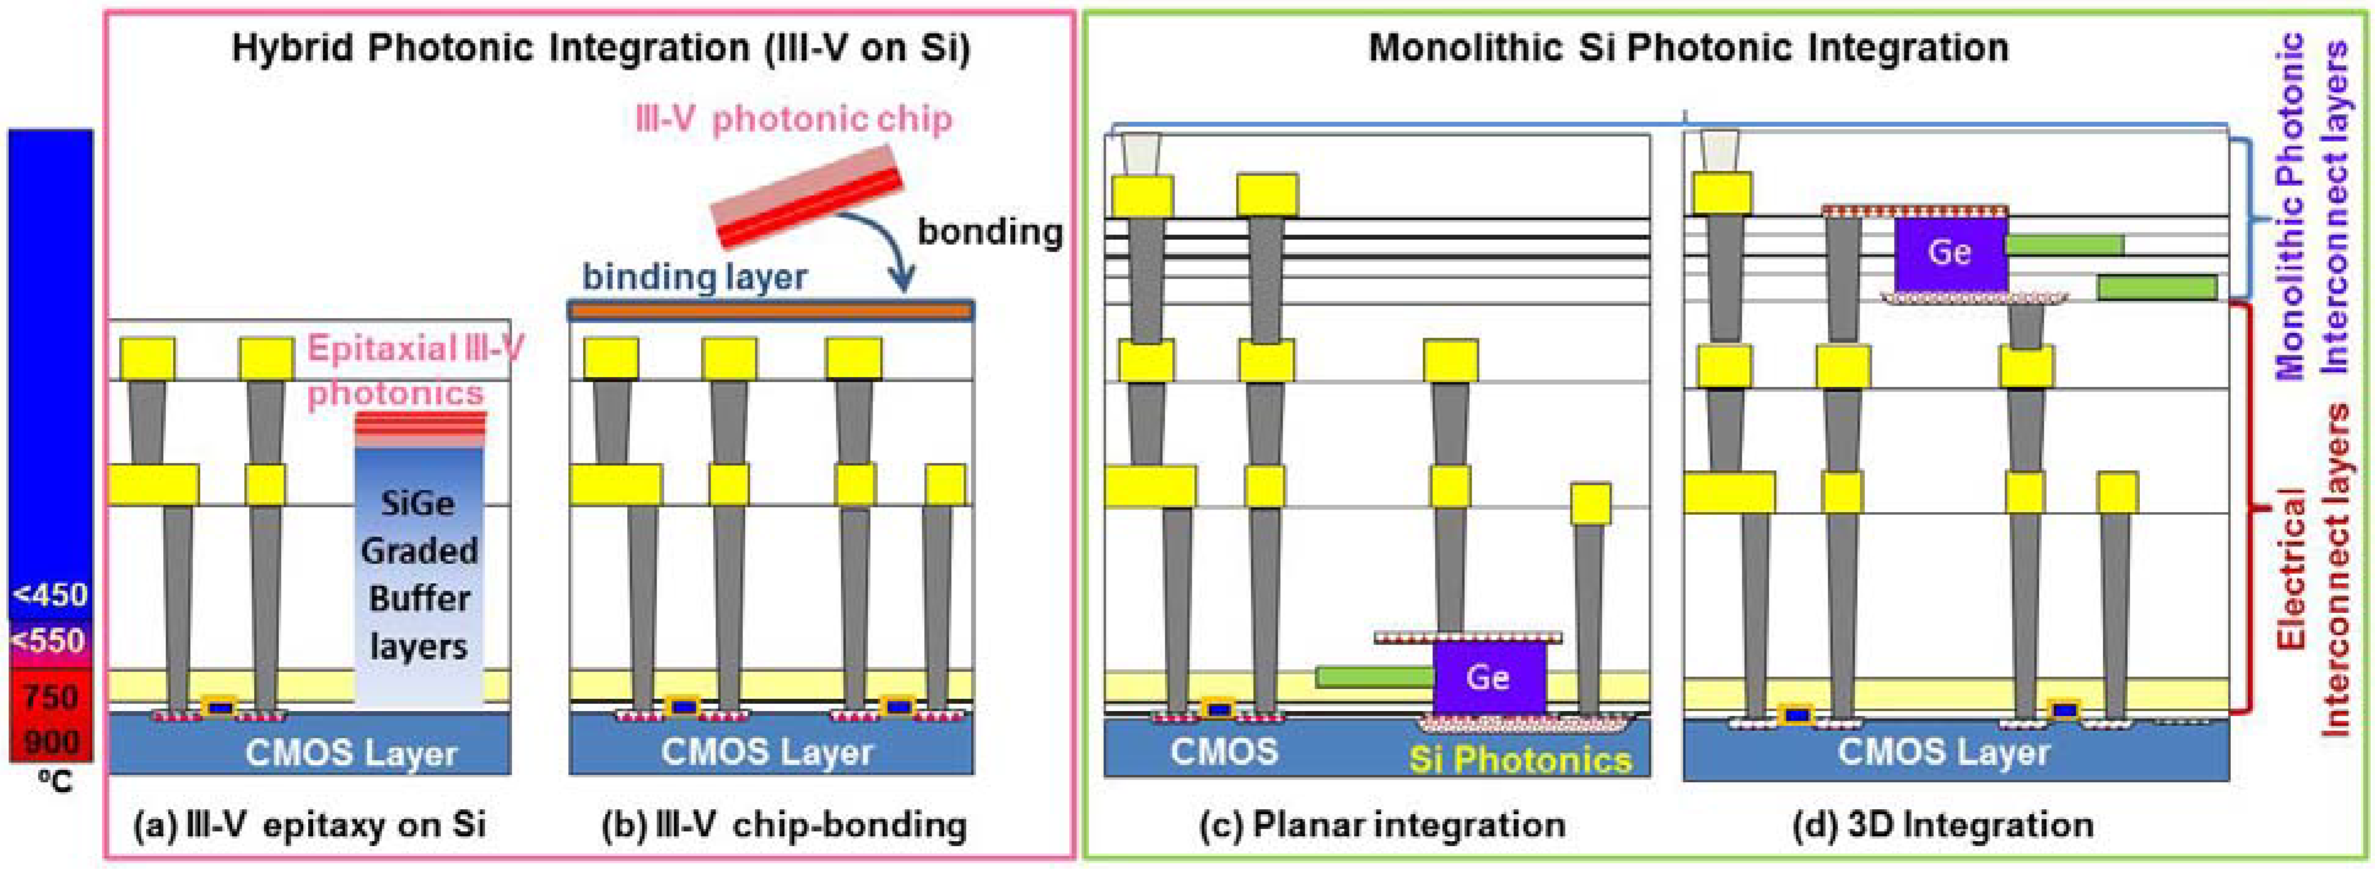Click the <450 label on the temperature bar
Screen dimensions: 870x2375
[x=51, y=595]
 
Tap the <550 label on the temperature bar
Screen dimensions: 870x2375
[x=51, y=640]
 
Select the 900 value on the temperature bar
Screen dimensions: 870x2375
[x=51, y=741]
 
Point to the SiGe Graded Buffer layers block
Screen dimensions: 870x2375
[x=420, y=574]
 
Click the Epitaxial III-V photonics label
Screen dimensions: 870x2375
[x=415, y=371]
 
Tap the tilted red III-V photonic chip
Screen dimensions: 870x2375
[x=808, y=196]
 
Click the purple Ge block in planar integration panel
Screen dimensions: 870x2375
[x=1489, y=677]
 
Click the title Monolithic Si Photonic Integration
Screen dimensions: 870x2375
[x=1688, y=48]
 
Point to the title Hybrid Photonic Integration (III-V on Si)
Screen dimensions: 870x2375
[x=601, y=48]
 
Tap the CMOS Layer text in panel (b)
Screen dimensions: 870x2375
[x=767, y=753]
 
